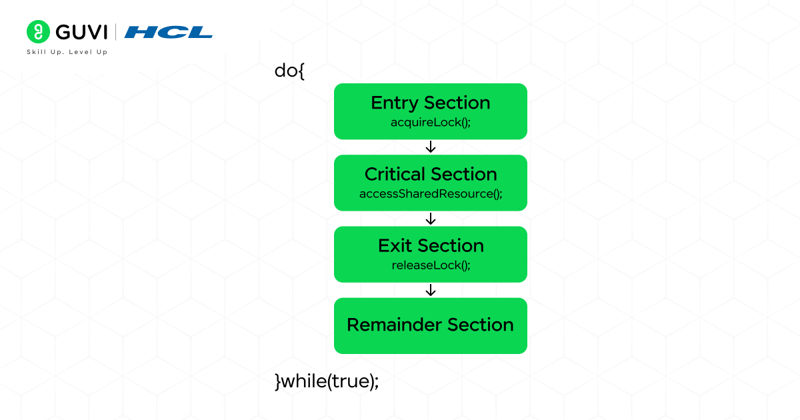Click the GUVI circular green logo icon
(39, 32)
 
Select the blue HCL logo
(168, 32)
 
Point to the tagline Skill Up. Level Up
(67, 52)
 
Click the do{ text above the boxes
(289, 71)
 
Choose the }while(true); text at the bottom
(327, 381)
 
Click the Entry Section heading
(430, 103)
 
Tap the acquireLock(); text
(430, 123)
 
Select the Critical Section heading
(430, 174)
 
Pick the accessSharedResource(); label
(430, 194)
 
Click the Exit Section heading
(430, 245)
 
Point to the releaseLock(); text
(430, 265)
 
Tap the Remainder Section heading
(430, 325)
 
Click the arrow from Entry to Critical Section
(431, 147)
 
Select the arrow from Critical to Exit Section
(431, 219)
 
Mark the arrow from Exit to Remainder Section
(431, 290)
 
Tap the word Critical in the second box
(395, 174)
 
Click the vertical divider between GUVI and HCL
(116, 32)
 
